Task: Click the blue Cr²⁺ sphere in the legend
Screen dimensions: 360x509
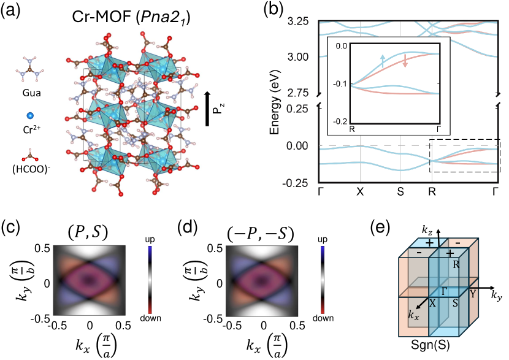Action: coord(29,115)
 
